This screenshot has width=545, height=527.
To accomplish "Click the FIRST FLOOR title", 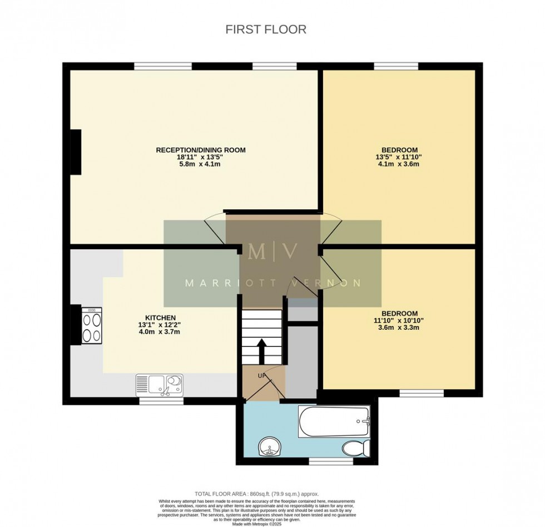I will tap(266, 29).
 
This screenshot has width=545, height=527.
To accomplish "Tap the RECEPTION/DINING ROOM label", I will tap(201, 150).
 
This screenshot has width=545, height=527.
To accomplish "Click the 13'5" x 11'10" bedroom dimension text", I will tap(399, 157).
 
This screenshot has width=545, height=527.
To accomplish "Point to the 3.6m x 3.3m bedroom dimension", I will tap(399, 327).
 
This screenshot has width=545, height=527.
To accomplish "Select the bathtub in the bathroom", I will tap(334, 422).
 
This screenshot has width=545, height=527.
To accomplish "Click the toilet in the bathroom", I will tap(354, 446).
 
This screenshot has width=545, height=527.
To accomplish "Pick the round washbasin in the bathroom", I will tap(271, 446).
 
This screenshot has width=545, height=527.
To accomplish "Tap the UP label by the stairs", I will tap(261, 376).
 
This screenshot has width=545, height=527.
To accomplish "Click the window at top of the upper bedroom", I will tap(396, 67).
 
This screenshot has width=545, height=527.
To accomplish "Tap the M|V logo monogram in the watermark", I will tap(272, 252).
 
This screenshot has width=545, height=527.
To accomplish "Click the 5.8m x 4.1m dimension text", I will tap(201, 164).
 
